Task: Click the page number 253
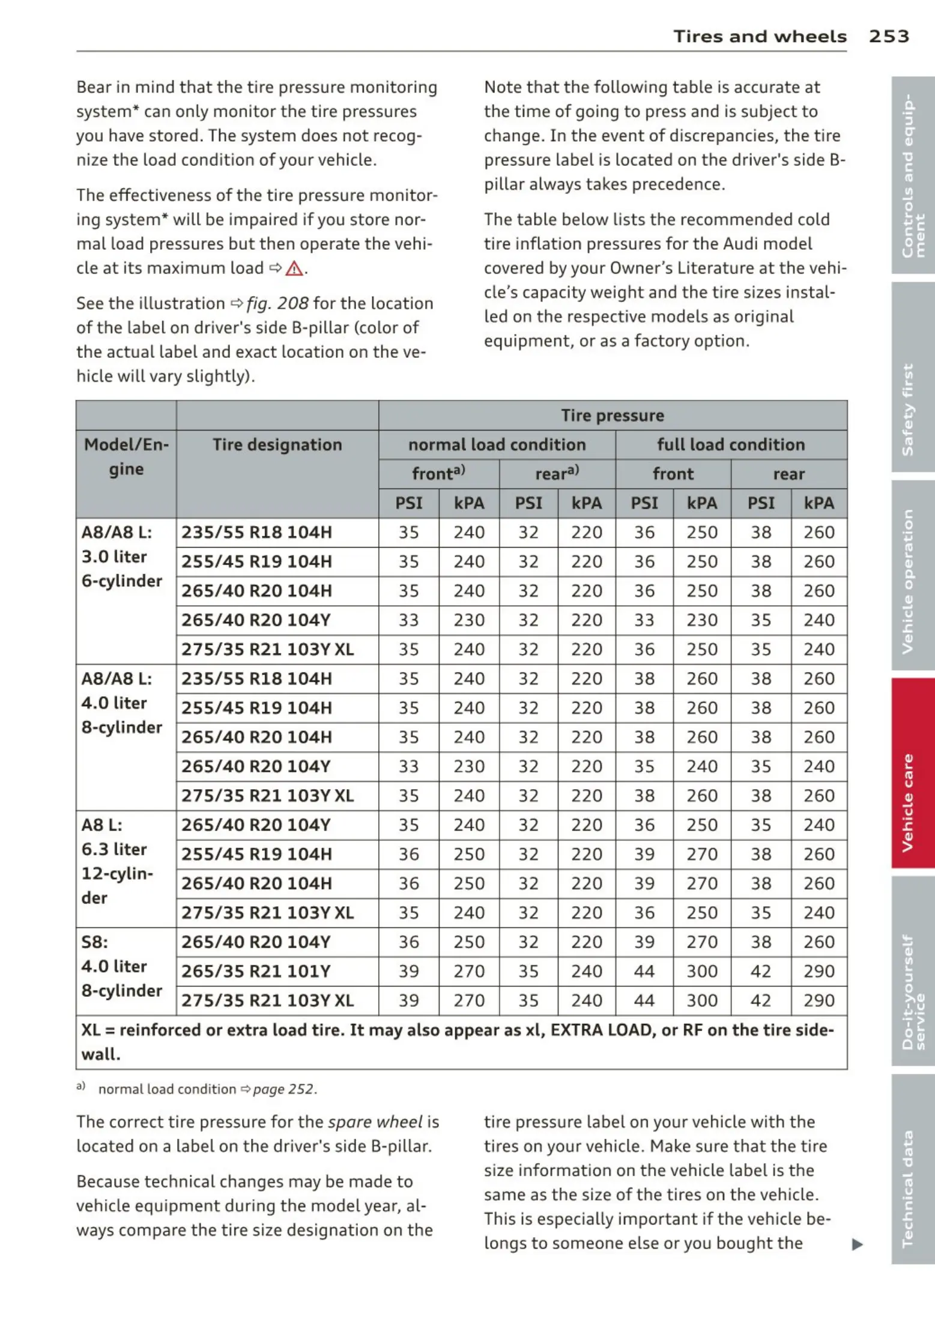(888, 36)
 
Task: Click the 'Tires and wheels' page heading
(759, 36)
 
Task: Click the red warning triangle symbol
(294, 268)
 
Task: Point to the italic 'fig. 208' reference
(277, 303)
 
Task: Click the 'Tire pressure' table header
(612, 416)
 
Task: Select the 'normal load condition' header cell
(497, 444)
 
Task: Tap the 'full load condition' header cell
(730, 444)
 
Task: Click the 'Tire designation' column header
(277, 444)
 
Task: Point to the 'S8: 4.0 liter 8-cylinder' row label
(121, 966)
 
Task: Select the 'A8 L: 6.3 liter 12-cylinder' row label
(117, 861)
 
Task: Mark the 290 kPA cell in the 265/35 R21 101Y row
(819, 971)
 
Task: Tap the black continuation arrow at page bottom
(857, 1244)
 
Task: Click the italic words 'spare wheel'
(375, 1122)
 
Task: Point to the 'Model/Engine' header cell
(126, 456)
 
